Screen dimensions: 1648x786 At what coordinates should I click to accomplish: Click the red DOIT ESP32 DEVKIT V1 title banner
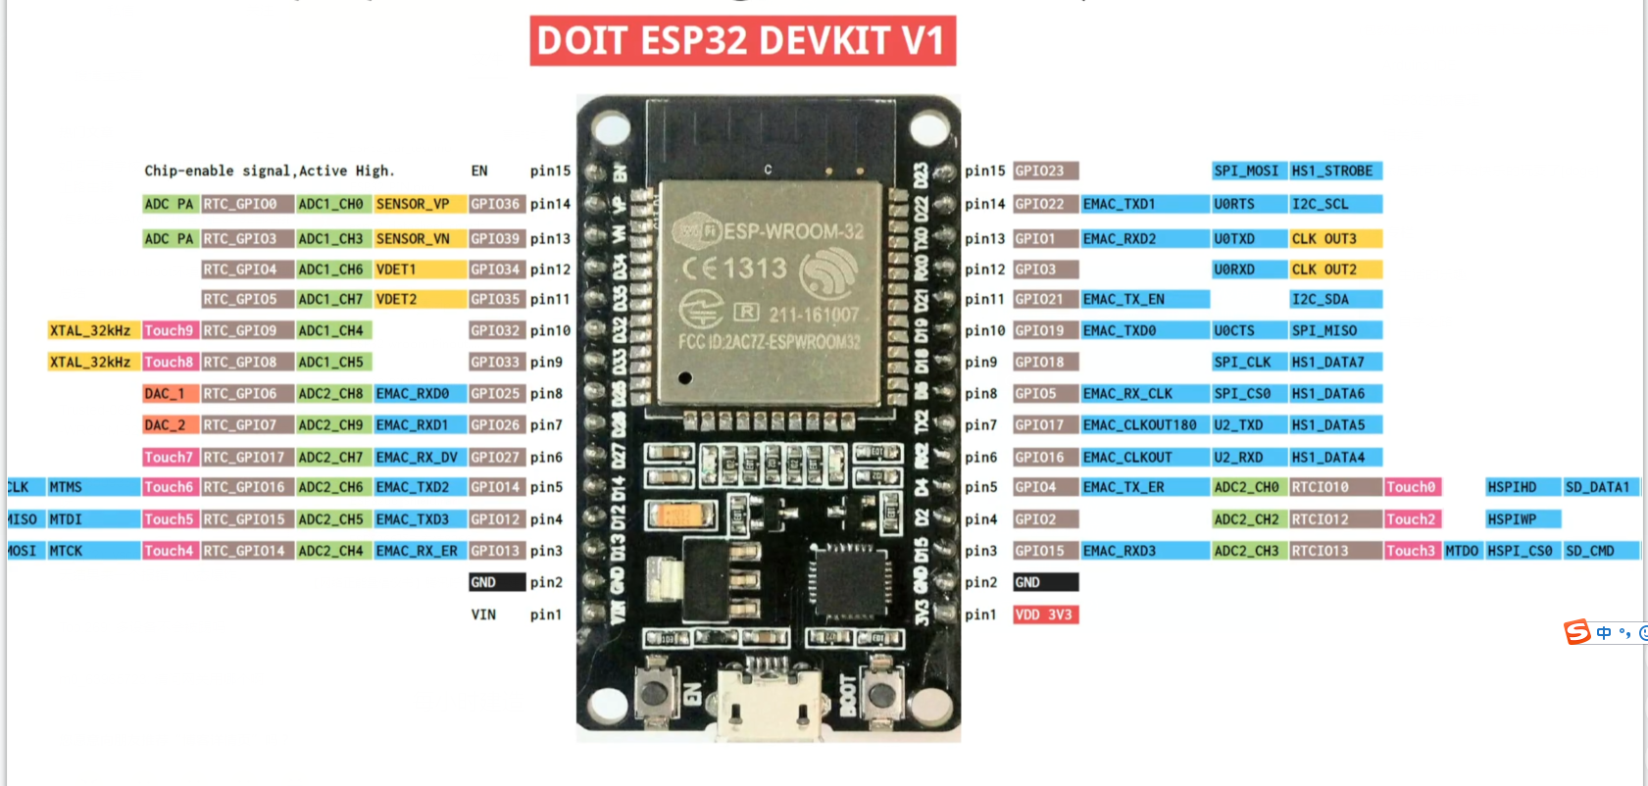[x=742, y=41]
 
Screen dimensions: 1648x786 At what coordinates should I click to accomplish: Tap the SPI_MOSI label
[x=1246, y=171]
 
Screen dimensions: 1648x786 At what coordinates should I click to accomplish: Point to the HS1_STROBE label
[x=1333, y=171]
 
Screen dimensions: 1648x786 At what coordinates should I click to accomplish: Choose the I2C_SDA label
[x=1321, y=299]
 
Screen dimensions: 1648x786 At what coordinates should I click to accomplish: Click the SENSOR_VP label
[x=413, y=204]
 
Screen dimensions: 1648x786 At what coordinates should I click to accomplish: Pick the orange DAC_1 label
[x=165, y=393]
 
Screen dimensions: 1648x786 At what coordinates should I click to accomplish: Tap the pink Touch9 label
[x=169, y=330]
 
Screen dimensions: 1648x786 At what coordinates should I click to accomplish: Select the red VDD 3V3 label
[x=1045, y=614]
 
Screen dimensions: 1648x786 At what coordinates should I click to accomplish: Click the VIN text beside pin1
[x=483, y=614]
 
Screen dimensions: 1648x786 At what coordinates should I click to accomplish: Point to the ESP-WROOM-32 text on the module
[x=793, y=231]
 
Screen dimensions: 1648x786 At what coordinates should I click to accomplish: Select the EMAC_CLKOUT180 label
[x=1140, y=424]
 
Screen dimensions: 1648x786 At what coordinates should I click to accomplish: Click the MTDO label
[x=1461, y=551]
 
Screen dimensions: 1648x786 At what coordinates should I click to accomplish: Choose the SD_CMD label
[x=1590, y=551]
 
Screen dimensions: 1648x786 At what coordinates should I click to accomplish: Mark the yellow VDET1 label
[x=397, y=269]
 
